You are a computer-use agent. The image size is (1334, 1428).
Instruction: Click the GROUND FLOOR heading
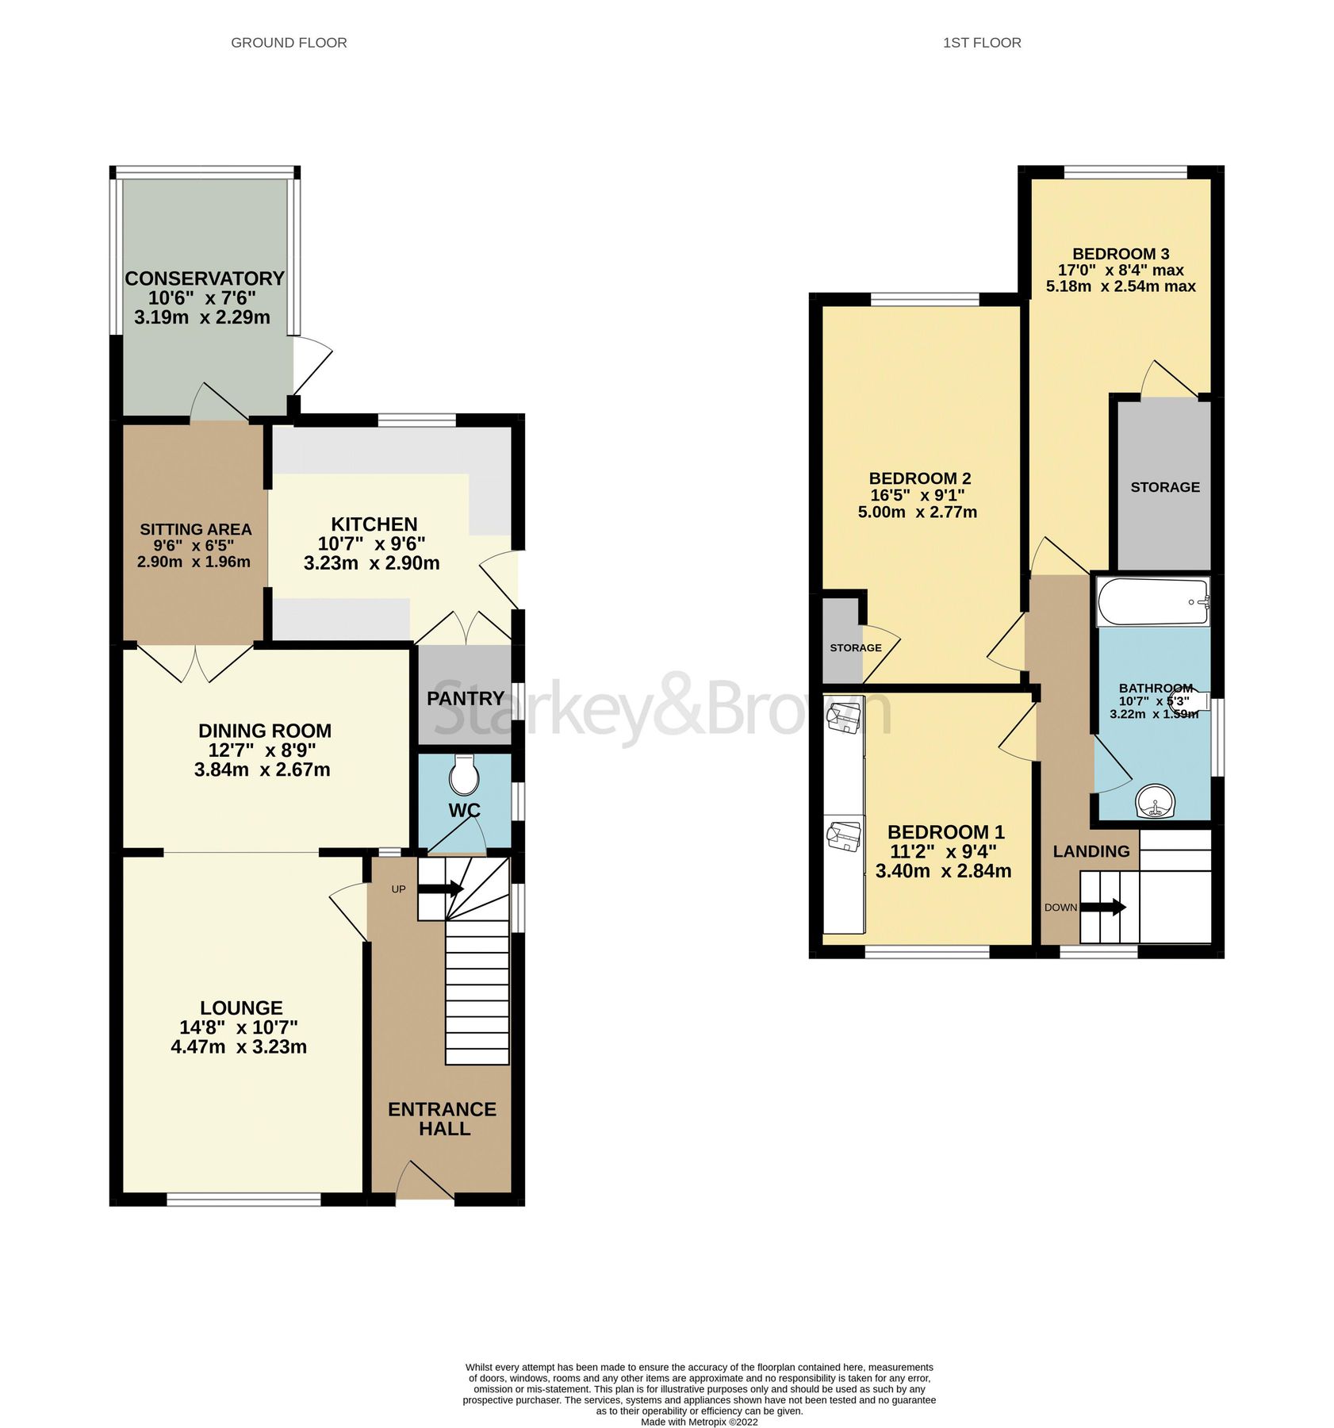click(289, 43)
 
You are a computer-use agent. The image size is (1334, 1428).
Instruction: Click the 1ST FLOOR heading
click(981, 43)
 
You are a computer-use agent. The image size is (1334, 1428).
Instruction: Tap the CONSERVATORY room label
click(204, 278)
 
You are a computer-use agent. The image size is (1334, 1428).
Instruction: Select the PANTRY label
click(466, 698)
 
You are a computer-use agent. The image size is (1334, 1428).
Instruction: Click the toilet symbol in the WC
click(464, 776)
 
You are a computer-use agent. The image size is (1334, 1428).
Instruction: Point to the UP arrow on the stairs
click(440, 889)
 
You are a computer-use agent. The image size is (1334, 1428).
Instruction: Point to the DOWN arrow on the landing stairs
click(1103, 907)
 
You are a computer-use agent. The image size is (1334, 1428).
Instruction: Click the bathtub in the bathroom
click(1152, 601)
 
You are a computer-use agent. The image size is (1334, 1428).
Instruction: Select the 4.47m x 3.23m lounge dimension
click(239, 1046)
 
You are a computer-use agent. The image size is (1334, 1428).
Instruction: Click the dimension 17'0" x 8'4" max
click(1120, 270)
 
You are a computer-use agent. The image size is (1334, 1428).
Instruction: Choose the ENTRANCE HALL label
click(442, 1119)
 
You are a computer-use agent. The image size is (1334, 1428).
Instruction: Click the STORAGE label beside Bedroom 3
click(1164, 487)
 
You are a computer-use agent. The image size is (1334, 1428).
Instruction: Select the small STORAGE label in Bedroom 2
click(855, 647)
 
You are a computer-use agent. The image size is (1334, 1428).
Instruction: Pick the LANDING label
click(1091, 851)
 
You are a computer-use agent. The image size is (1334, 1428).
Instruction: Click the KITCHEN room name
click(374, 524)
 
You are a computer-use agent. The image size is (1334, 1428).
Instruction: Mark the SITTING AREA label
click(195, 529)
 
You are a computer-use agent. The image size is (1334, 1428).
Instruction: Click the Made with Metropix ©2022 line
click(698, 1422)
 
